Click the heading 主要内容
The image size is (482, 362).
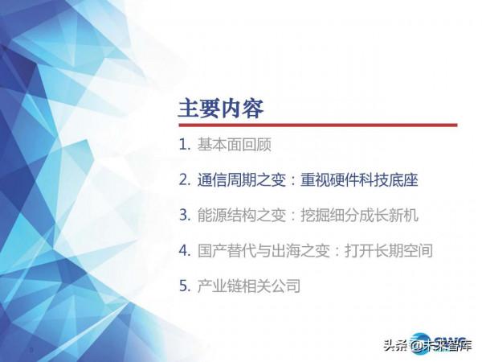click(220, 108)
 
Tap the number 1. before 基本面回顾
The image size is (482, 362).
click(184, 146)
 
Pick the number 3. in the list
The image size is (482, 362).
click(184, 216)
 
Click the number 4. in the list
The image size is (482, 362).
click(184, 250)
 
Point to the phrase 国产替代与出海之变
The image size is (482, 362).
click(265, 250)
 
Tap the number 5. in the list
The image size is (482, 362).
click(184, 286)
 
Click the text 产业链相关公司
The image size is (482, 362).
click(248, 286)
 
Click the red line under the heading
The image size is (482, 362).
click(317, 125)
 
